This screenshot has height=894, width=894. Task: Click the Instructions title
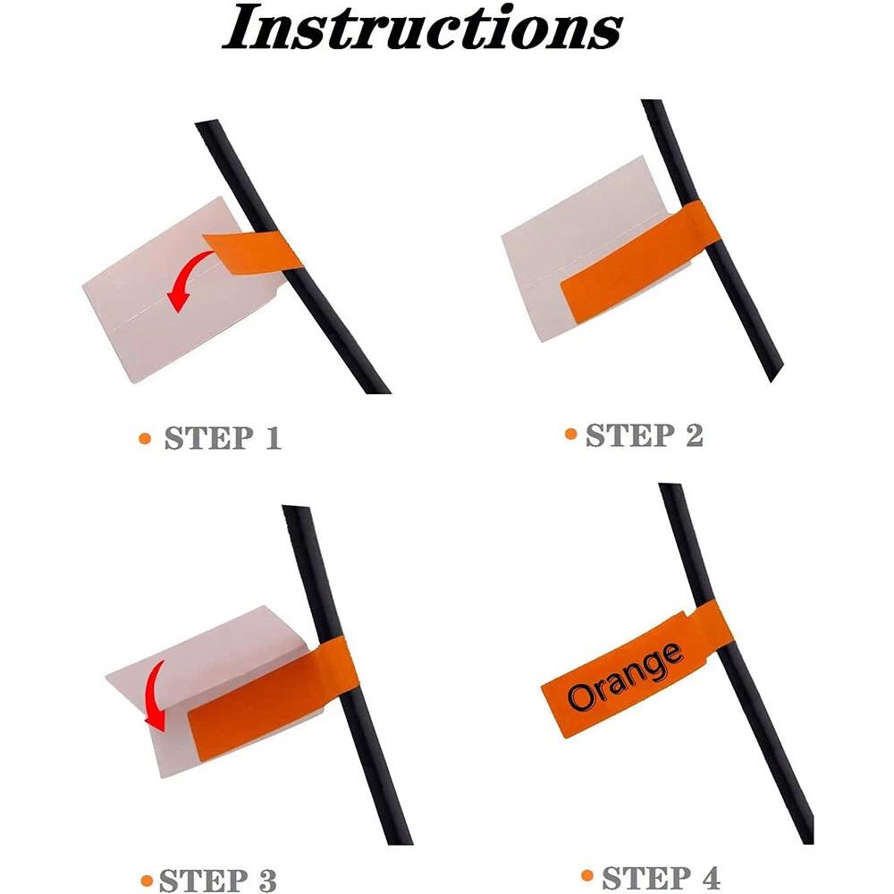423,28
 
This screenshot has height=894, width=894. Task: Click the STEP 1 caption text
223,438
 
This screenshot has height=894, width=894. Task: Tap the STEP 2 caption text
645,435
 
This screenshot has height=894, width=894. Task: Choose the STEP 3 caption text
218,880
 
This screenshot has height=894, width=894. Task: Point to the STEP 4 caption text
662,877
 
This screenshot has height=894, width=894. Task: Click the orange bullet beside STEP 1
145,438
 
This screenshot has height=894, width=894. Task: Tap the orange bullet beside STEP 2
570,434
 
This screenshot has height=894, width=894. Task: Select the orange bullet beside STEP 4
587,874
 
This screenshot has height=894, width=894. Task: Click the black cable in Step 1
292,257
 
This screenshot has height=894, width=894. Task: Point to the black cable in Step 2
713,240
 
